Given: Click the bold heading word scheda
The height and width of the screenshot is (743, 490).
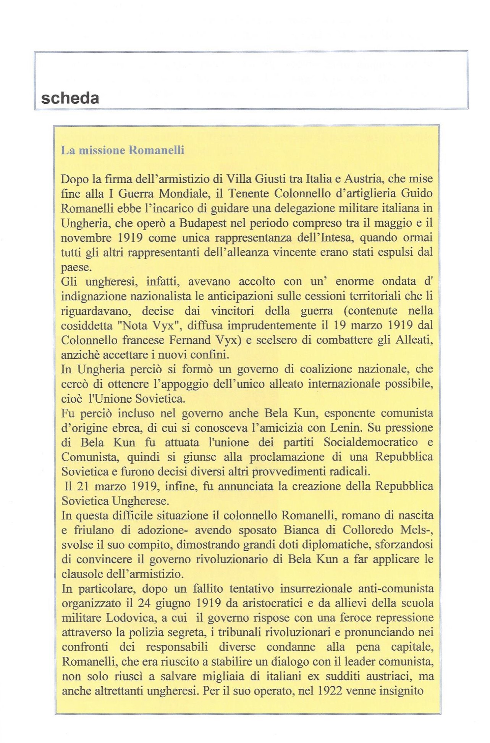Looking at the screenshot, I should pyautogui.click(x=70, y=98).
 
